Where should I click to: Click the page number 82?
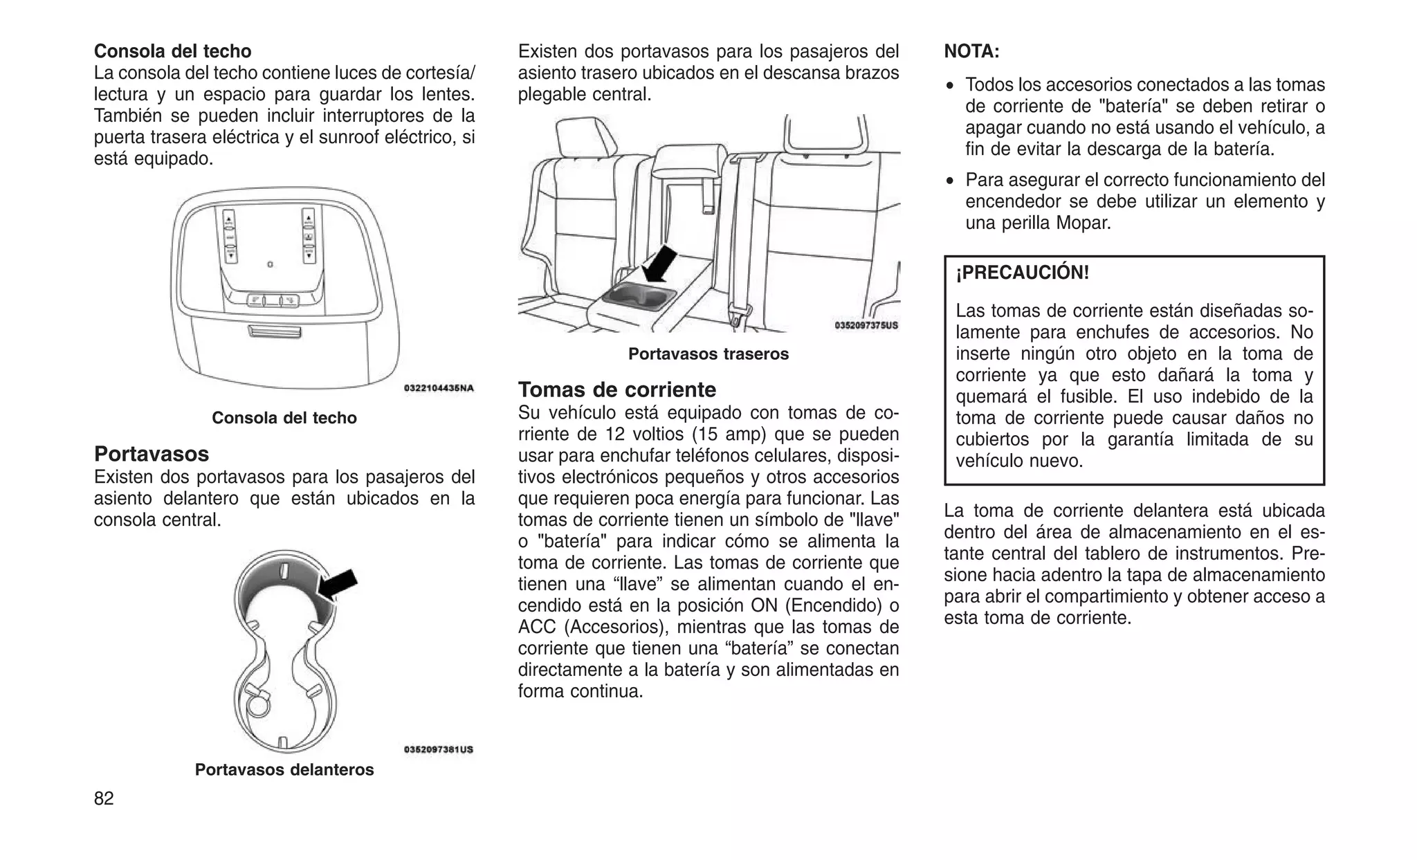click(x=104, y=798)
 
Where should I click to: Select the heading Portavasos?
click(x=152, y=454)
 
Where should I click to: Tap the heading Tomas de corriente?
click(x=617, y=389)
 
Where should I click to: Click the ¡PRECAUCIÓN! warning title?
click(x=1023, y=273)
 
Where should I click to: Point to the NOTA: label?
click(x=971, y=51)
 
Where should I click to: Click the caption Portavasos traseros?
click(x=708, y=354)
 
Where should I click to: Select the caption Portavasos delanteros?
click(x=284, y=769)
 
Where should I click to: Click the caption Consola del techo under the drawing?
click(x=284, y=418)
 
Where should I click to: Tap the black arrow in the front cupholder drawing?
click(x=338, y=585)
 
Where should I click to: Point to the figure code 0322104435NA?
click(x=439, y=388)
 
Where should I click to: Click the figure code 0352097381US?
click(x=439, y=749)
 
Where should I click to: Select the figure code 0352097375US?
click(x=866, y=324)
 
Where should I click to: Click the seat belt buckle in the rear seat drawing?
click(x=737, y=318)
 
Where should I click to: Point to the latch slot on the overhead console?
click(x=274, y=333)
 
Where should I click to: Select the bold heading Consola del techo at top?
click(x=173, y=51)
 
